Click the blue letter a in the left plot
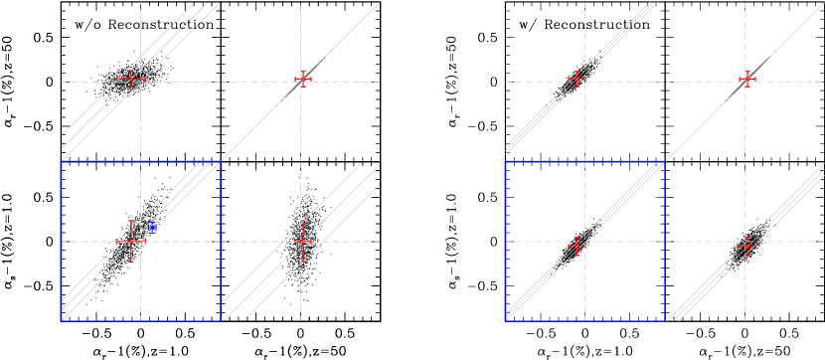click(x=152, y=229)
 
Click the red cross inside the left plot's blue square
click(x=130, y=241)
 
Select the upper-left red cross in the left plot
click(x=130, y=79)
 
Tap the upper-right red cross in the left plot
click(x=302, y=79)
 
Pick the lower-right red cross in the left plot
click(x=302, y=241)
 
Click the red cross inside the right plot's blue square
click(x=575, y=246)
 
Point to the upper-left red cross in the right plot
click(x=576, y=80)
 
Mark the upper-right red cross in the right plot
click(x=746, y=80)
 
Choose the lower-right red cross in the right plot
click(x=746, y=246)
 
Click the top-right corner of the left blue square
click(x=221, y=161)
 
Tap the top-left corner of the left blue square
click(x=62, y=161)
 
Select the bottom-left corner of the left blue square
click(x=62, y=320)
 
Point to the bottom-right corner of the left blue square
click(x=221, y=320)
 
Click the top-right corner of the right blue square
click(x=664, y=161)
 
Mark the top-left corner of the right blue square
click(x=506, y=161)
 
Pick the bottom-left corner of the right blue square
click(x=506, y=320)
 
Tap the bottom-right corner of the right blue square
click(x=664, y=320)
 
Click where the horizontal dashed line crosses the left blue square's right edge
click(x=221, y=241)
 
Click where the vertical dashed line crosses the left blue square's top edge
click(x=140, y=161)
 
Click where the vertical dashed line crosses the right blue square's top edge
click(x=584, y=161)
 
